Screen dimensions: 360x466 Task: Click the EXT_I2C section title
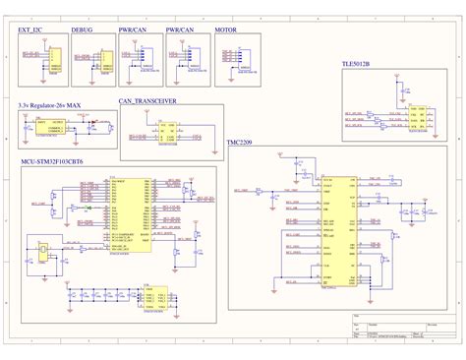click(x=32, y=30)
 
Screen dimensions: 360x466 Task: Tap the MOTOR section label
click(x=226, y=30)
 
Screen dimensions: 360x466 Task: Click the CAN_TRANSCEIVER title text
click(x=148, y=101)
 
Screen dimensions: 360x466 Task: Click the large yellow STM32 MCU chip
click(x=132, y=215)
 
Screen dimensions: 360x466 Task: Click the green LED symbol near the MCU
click(x=88, y=209)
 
